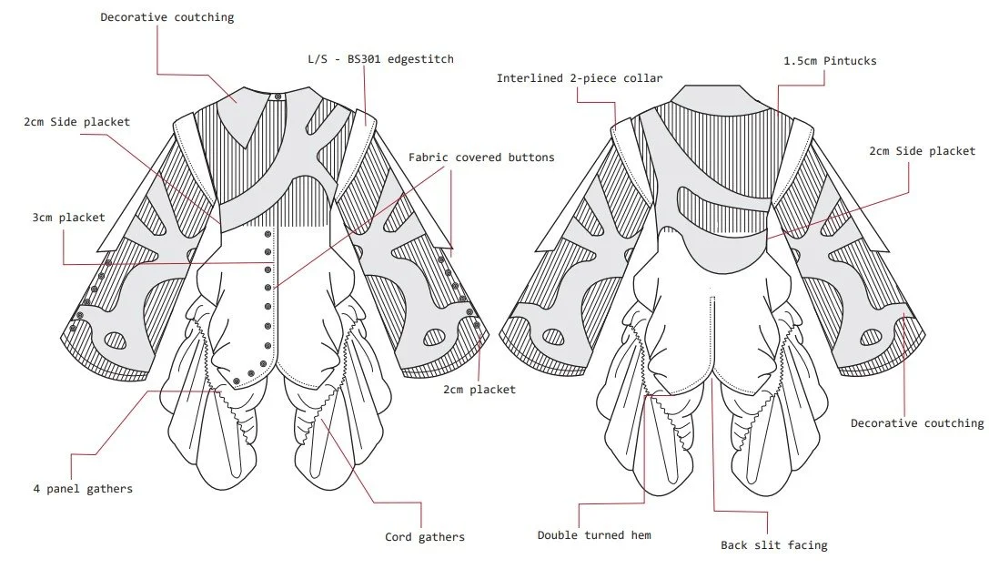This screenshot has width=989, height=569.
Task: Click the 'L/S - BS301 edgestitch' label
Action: coord(379,59)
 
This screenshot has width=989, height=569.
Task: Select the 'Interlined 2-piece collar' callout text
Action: coord(580,78)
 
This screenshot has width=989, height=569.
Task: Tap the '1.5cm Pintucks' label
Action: coord(830,61)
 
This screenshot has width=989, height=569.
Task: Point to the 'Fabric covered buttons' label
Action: coord(481,157)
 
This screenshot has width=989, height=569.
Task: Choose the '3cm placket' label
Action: coord(67,218)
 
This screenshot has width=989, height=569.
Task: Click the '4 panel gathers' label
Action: coord(82,489)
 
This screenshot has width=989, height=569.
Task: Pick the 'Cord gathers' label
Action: coord(424,537)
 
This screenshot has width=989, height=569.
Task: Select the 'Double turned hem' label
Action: coord(593,535)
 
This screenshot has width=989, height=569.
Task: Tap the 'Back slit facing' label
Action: coord(773,545)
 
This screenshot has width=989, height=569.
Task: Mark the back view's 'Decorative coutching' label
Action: coord(916,423)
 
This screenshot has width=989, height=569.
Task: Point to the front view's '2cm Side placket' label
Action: coord(76,122)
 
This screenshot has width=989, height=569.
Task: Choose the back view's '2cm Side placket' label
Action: coord(922,151)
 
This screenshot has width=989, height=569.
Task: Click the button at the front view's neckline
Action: coord(279,97)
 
